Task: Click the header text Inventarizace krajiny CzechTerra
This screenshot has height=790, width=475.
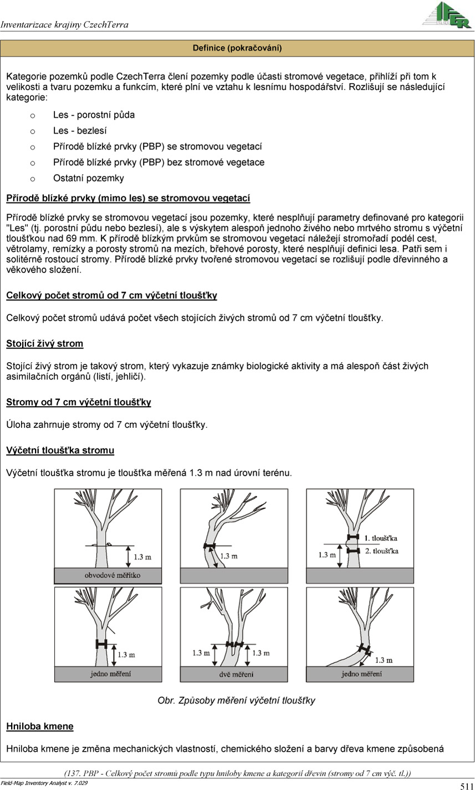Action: point(64,25)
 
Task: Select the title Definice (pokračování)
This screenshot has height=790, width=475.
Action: point(237,48)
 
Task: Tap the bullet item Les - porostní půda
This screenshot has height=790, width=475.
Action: point(94,115)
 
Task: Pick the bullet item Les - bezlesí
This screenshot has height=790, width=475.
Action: point(80,131)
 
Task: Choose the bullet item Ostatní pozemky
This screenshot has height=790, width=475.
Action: point(89,178)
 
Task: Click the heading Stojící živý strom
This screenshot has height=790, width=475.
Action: point(45,343)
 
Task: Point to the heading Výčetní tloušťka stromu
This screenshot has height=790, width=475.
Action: point(60,450)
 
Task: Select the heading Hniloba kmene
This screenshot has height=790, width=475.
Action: point(40,726)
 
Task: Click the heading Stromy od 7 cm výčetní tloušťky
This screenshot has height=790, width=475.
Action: point(79,402)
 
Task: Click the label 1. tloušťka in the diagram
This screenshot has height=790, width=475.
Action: point(381,538)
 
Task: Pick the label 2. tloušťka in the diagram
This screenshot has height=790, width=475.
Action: point(381,551)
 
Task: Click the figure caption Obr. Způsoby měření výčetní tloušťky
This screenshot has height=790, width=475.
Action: point(237,701)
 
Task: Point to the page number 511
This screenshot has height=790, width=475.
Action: point(466,786)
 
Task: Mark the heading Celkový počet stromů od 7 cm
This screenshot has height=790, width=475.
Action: point(111,296)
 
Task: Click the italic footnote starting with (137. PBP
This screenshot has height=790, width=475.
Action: point(237,773)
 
